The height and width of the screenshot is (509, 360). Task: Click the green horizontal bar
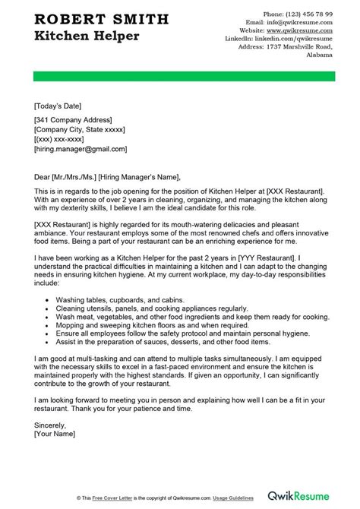coord(180,76)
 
